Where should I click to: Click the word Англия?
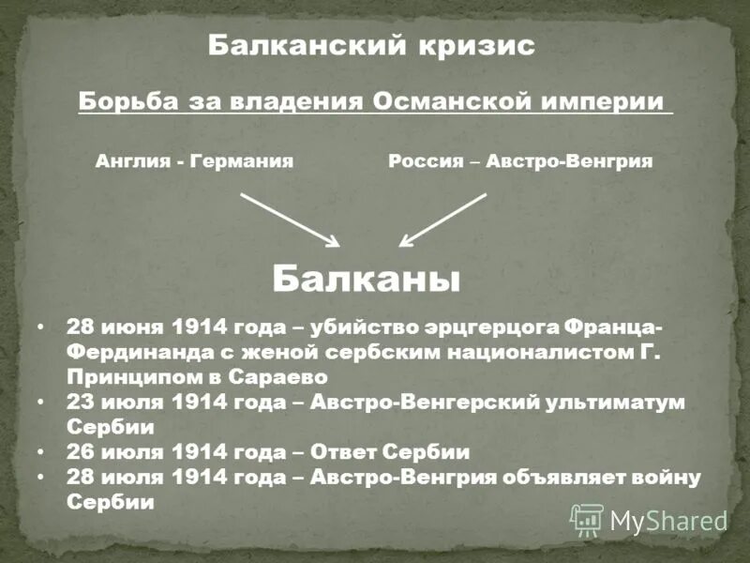pyautogui.click(x=132, y=161)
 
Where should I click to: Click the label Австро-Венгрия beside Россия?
pyautogui.click(x=572, y=161)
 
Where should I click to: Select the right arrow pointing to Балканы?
pyautogui.click(x=442, y=220)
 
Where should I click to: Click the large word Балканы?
pyautogui.click(x=367, y=279)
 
